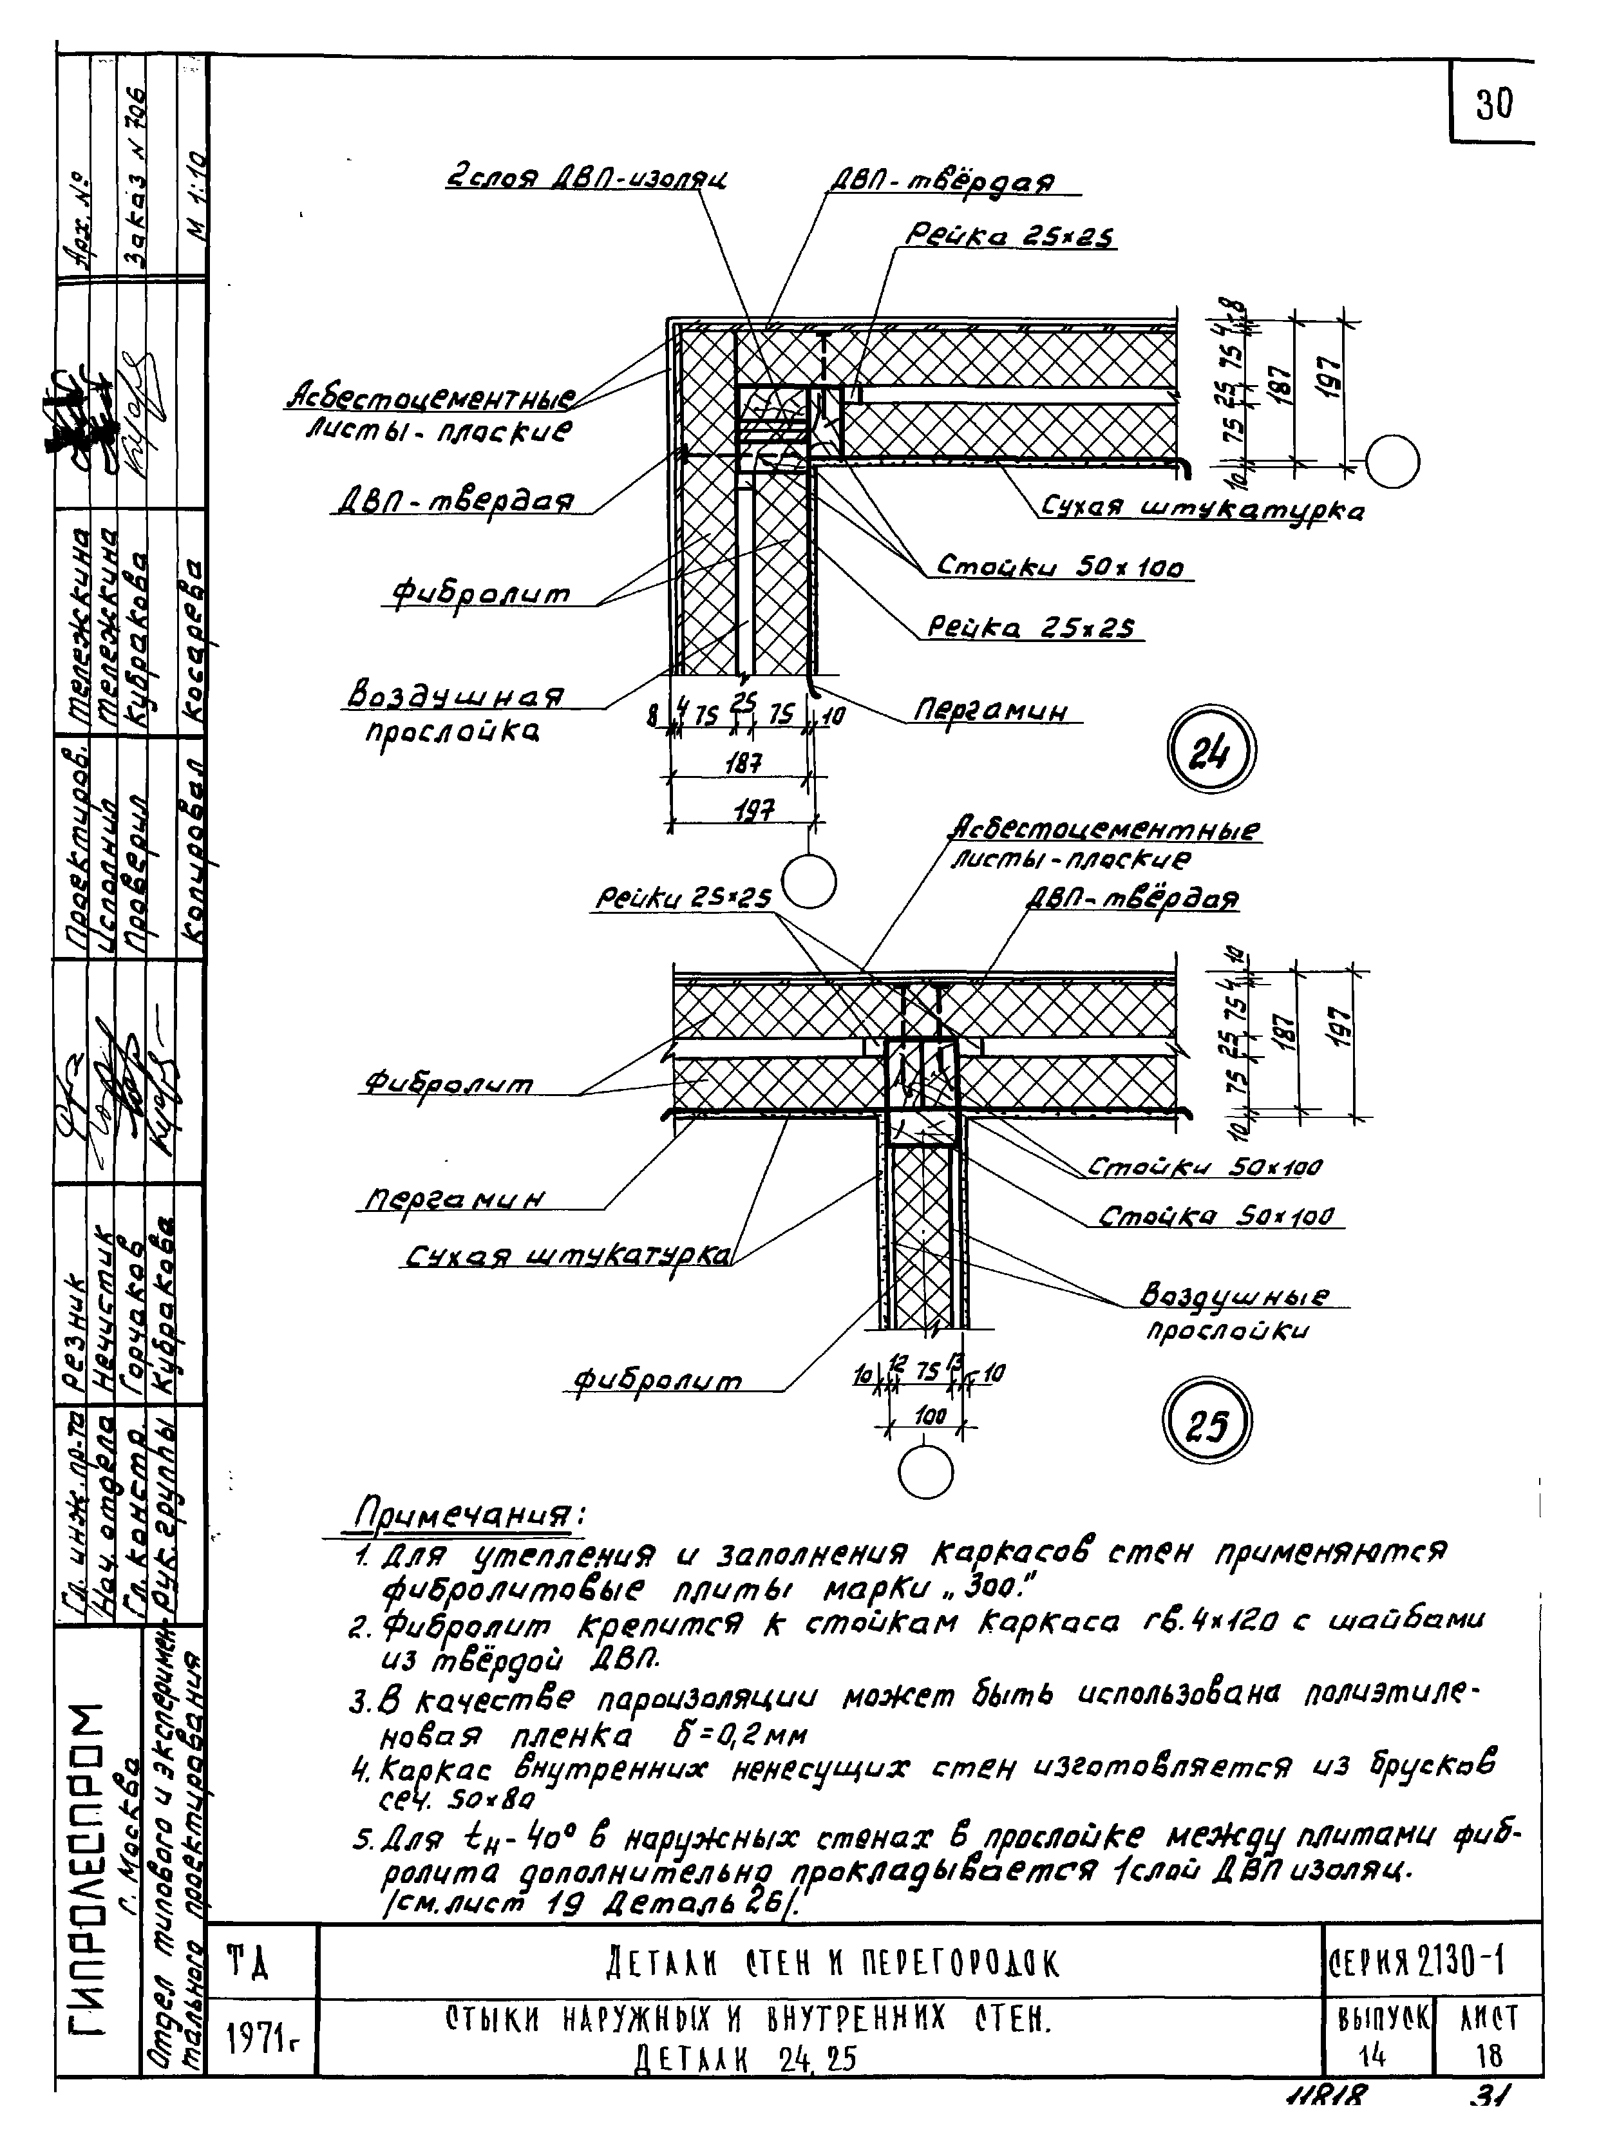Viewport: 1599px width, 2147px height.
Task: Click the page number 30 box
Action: tap(1493, 104)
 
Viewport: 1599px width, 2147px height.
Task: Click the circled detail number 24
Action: tap(1211, 751)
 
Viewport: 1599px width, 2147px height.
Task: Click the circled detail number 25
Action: tap(1207, 1424)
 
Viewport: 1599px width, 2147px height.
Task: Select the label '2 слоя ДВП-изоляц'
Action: tap(587, 178)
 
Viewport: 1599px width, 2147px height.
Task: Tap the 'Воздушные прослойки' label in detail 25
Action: tap(1234, 1312)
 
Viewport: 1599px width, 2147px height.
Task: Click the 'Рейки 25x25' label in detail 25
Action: tap(683, 898)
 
